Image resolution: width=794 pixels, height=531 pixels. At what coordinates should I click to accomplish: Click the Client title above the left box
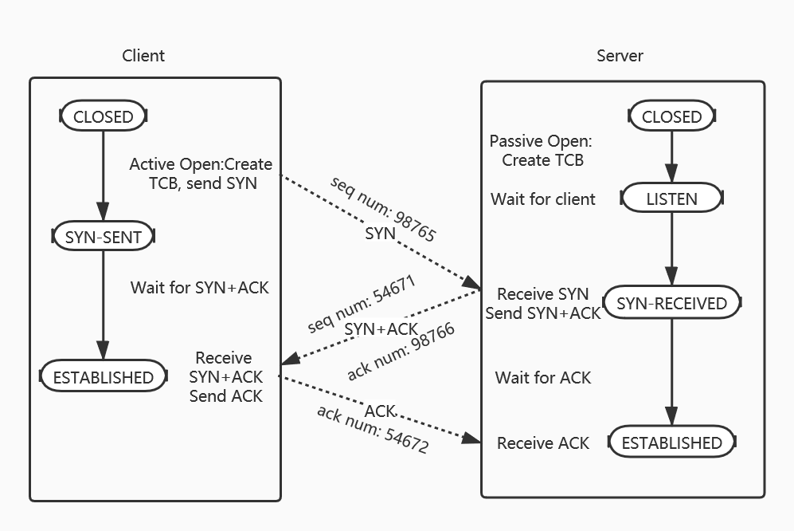tap(143, 56)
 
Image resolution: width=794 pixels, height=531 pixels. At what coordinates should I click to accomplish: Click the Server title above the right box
tap(620, 56)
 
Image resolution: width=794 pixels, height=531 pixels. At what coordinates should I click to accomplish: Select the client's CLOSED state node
tap(104, 116)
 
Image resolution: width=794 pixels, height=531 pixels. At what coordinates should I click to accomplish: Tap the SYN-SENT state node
tap(103, 237)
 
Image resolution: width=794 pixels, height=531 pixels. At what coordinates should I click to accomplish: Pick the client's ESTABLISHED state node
tap(103, 377)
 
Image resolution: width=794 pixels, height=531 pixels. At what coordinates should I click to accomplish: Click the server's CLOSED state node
tap(671, 116)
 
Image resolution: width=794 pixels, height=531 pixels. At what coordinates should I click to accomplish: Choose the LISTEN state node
tap(671, 199)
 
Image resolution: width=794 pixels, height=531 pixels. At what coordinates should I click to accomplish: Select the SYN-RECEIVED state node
tap(671, 303)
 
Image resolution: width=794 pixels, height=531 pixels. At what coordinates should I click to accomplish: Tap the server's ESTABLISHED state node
tap(671, 442)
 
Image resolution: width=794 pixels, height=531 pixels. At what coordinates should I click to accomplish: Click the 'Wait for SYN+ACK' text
tap(200, 287)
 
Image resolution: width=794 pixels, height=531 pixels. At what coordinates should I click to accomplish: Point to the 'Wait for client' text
tap(543, 199)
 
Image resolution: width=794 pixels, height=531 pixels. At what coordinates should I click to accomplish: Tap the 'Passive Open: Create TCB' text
tap(542, 151)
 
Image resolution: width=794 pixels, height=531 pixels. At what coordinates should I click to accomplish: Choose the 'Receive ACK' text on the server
tap(543, 443)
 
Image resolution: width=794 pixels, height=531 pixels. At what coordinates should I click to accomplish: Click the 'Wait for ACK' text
tap(543, 377)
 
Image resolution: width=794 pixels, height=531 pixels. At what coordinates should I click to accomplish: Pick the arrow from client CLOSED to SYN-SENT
tap(104, 175)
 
